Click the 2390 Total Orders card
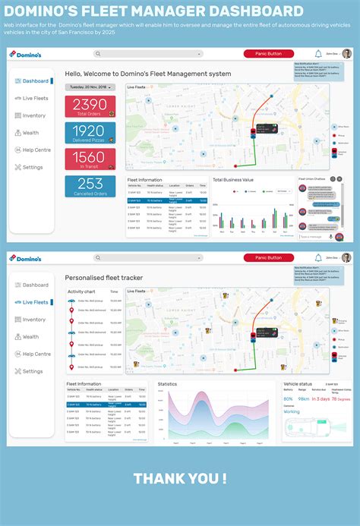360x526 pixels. [x=90, y=106]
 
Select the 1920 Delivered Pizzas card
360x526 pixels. [x=90, y=133]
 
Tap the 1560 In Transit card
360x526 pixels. [x=90, y=159]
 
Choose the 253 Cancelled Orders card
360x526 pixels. [x=90, y=185]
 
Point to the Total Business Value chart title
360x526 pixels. [x=232, y=180]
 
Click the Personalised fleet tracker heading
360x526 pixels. [x=103, y=278]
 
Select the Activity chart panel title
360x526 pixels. [x=81, y=291]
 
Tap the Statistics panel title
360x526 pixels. [x=167, y=384]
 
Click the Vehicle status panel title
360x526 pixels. [x=298, y=384]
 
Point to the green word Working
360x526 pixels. [x=292, y=412]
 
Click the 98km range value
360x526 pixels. [x=303, y=398]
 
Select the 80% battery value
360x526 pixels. [x=288, y=398]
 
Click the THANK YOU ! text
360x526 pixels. [x=180, y=478]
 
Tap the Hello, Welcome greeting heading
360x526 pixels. [x=148, y=74]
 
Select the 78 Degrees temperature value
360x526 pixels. [x=340, y=398]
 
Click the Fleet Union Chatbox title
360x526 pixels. [x=312, y=180]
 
